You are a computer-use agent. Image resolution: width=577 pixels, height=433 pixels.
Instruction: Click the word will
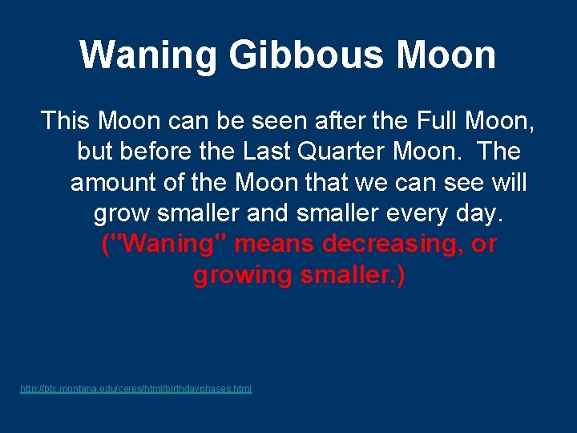(508, 182)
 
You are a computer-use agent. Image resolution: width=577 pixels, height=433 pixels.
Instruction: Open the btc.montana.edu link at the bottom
(135, 389)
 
